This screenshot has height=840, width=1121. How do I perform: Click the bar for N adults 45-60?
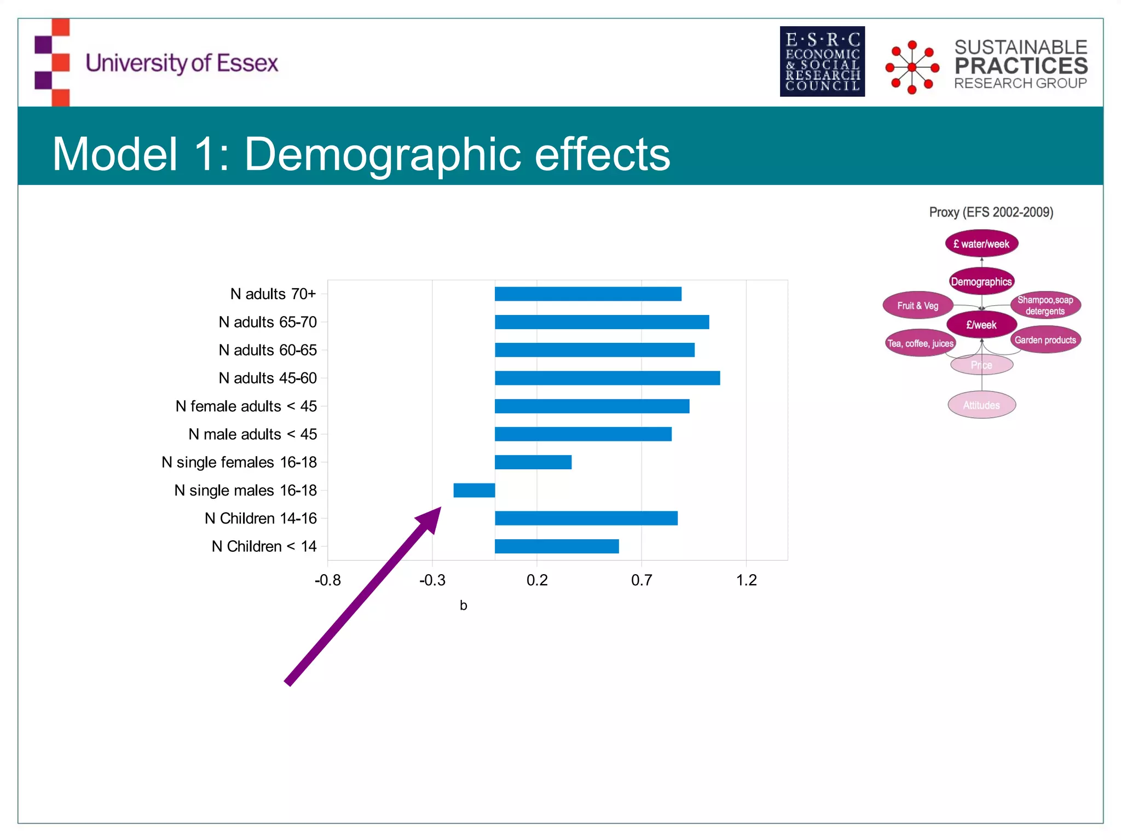[x=607, y=378]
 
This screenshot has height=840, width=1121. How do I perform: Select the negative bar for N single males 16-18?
[x=474, y=490]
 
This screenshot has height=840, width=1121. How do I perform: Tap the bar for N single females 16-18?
[x=533, y=462]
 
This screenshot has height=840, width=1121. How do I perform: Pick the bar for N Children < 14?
[x=557, y=546]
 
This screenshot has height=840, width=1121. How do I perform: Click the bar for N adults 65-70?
[x=602, y=322]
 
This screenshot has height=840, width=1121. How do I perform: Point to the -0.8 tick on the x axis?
[x=327, y=580]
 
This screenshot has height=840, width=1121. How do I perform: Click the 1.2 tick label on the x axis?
[x=746, y=580]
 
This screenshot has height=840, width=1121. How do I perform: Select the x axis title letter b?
[x=463, y=605]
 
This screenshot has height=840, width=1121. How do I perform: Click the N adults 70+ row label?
[x=273, y=294]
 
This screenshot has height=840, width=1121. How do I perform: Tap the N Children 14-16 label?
[x=261, y=518]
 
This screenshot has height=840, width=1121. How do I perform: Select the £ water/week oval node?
[x=981, y=244]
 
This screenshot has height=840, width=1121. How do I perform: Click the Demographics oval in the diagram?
[x=981, y=282]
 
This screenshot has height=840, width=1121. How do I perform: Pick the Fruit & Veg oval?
[x=918, y=305]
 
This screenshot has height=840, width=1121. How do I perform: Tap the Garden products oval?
[x=1045, y=340]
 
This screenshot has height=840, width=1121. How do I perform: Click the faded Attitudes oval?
[x=981, y=405]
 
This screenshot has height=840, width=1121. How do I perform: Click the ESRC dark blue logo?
[x=822, y=62]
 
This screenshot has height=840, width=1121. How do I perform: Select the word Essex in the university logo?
[x=247, y=63]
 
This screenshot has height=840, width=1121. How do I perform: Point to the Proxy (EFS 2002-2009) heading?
[x=991, y=212]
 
